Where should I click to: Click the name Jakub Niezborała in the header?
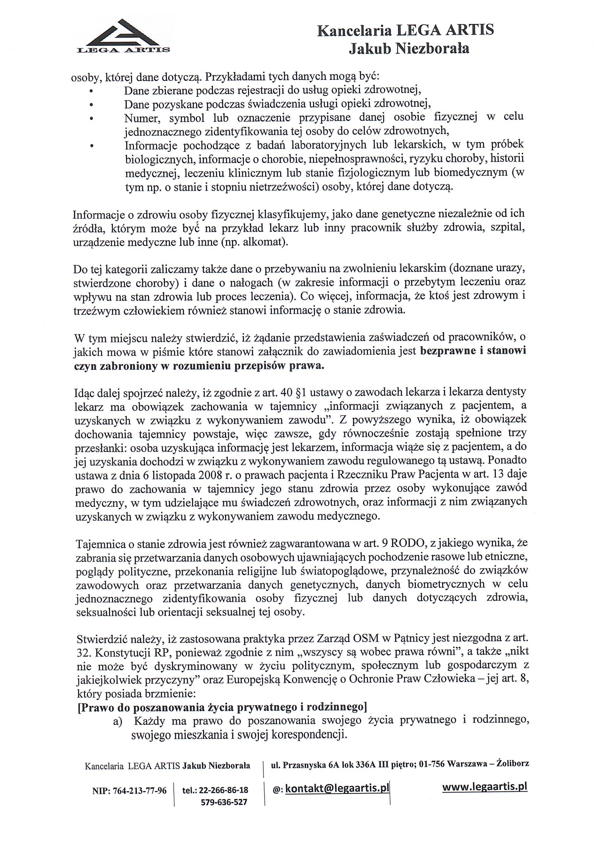(x=409, y=49)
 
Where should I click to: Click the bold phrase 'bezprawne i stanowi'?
(x=473, y=351)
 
